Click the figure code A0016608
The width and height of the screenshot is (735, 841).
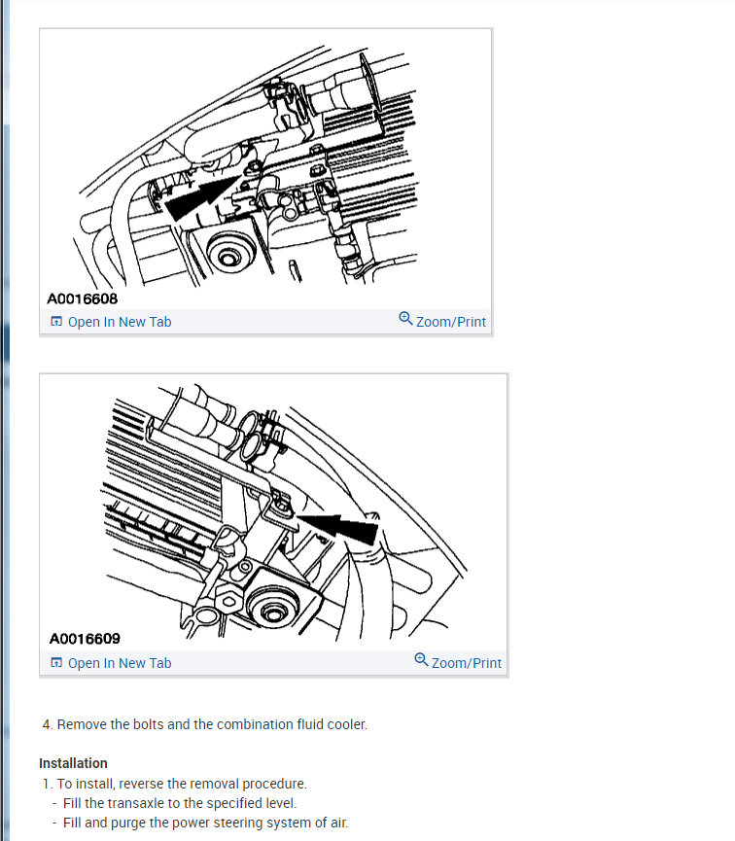(x=82, y=298)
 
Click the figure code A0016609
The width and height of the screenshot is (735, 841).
(x=85, y=639)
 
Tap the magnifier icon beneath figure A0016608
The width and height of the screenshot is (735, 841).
(x=405, y=319)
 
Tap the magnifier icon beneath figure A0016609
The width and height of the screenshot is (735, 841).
(x=421, y=660)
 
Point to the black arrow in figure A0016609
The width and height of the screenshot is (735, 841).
(x=338, y=526)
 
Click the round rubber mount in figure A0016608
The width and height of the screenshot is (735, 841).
(x=229, y=253)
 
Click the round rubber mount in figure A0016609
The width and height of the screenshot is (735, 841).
(x=273, y=607)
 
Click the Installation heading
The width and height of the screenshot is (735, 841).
(x=74, y=763)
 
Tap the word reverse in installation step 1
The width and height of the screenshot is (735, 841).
(x=141, y=784)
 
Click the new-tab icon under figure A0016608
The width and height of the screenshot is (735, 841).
(x=56, y=321)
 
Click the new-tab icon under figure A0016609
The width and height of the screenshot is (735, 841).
(x=56, y=662)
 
